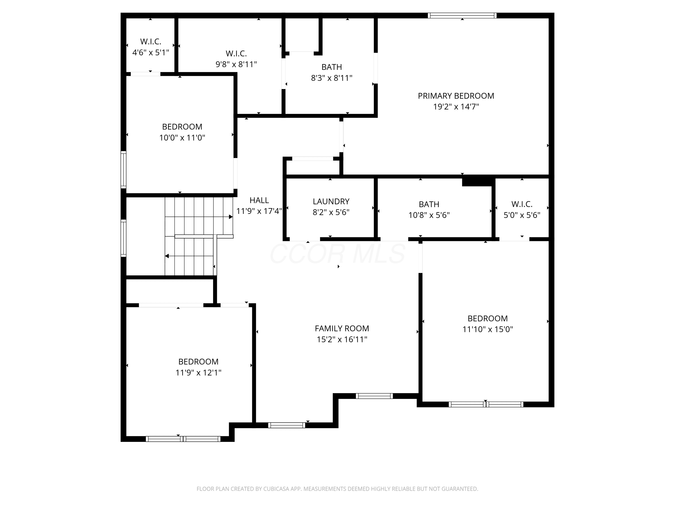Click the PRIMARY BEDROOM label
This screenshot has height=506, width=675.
456,96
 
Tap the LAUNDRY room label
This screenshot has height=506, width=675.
331,201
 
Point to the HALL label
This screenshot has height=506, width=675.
259,200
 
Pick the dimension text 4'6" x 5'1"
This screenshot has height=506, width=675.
151,52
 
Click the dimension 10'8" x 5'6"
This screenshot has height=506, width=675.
429,215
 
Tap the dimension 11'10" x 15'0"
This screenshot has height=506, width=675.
488,329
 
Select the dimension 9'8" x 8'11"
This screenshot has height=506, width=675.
236,64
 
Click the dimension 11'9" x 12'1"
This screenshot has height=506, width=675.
198,373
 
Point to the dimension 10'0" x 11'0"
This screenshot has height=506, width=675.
182,138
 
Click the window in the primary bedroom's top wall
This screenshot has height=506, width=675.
462,16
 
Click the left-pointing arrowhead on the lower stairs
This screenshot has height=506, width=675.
167,256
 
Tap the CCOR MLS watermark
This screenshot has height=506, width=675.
337,254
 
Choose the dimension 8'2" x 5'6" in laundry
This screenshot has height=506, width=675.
331,212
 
